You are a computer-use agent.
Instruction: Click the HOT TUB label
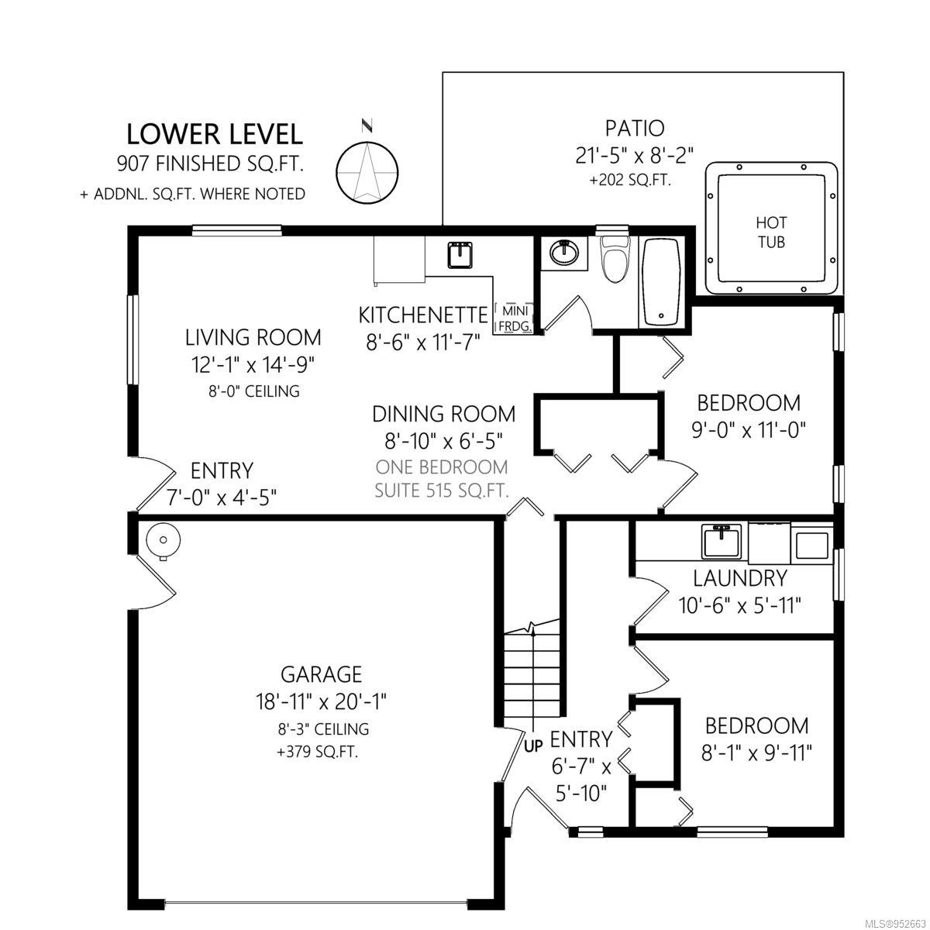pos(770,232)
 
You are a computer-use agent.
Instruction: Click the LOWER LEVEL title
pos(215,134)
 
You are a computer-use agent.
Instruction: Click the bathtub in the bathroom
pos(662,282)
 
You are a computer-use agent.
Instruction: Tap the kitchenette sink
pos(460,255)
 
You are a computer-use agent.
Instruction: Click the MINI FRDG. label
pos(515,318)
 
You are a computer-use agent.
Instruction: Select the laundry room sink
pos(721,542)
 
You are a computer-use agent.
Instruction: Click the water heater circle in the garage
pos(164,540)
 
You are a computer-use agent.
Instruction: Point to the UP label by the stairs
pos(533,746)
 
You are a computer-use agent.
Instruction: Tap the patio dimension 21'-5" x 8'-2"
pos(635,156)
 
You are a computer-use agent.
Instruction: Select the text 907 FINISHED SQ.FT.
pos(211,164)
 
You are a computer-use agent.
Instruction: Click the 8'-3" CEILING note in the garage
pos(323,728)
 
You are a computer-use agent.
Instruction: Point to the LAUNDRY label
pos(740,578)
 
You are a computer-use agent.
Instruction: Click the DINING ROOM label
pos(443,415)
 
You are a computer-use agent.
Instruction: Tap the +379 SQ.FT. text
pos(317,753)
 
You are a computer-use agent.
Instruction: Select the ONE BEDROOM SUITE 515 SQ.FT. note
pos(442,479)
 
